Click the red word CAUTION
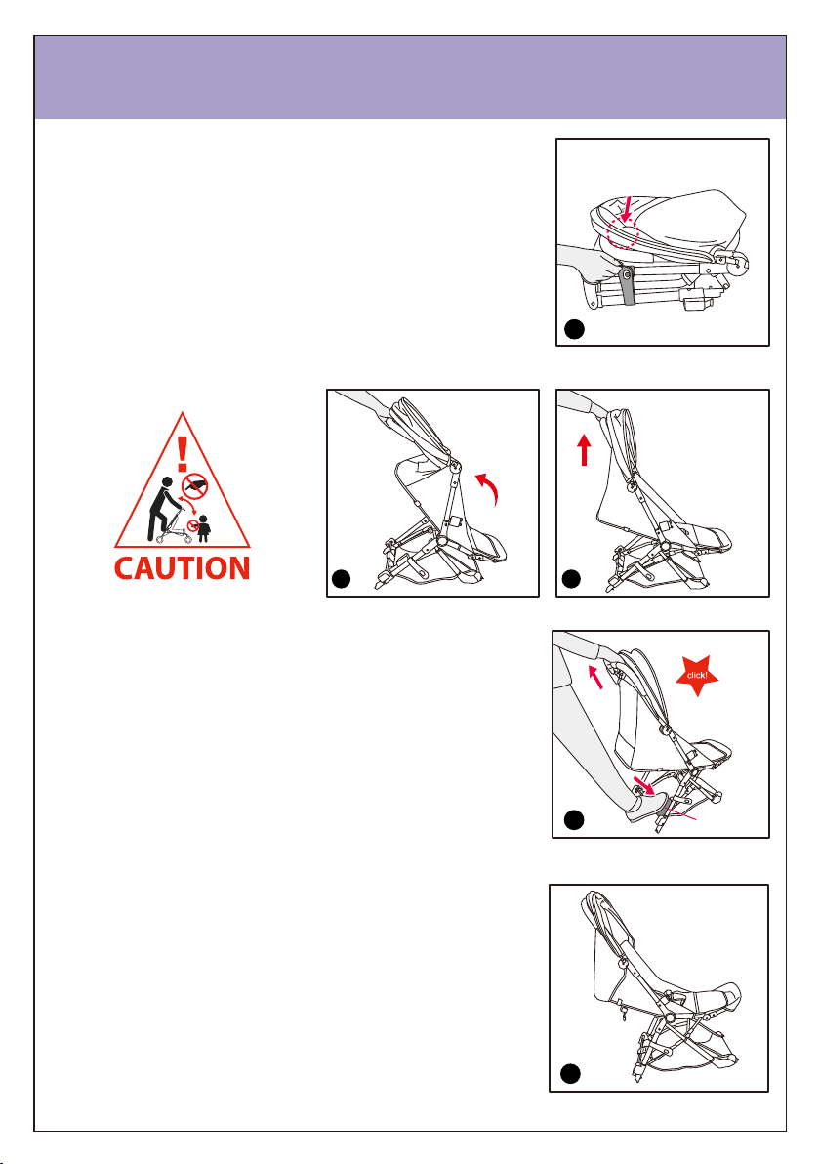point(182,568)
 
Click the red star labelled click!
point(697,675)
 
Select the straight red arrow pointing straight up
point(585,450)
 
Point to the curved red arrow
point(490,487)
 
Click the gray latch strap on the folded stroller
point(627,286)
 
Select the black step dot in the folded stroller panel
point(574,329)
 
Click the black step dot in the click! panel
point(574,820)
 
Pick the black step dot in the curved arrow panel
point(341,578)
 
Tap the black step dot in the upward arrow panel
point(571,578)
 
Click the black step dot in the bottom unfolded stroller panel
point(570,1074)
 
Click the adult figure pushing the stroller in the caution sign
point(162,510)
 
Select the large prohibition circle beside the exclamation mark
point(194,486)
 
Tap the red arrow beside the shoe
point(642,784)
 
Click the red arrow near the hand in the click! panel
point(595,677)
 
